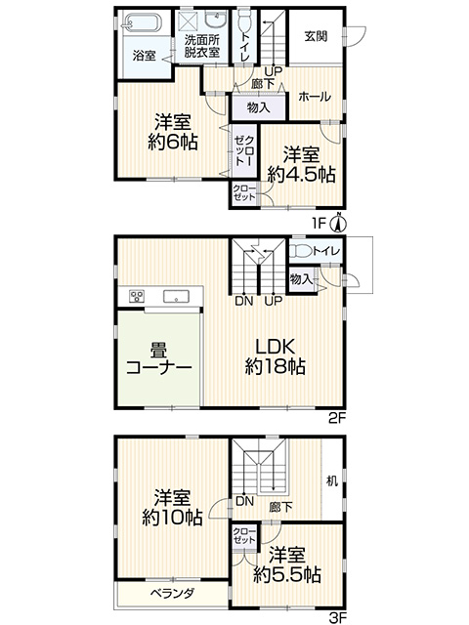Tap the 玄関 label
317,36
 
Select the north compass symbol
339,224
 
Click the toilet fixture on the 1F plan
243,20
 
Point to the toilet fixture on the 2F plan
300,252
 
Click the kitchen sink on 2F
176,297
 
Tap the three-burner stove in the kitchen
137,297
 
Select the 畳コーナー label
158,359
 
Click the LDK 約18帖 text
275,356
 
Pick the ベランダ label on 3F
172,593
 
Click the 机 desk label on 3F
332,481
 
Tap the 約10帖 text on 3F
172,518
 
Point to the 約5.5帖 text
286,574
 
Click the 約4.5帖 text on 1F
301,174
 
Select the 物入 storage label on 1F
258,107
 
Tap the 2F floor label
337,418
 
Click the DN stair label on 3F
244,501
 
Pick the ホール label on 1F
315,97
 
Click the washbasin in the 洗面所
215,19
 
